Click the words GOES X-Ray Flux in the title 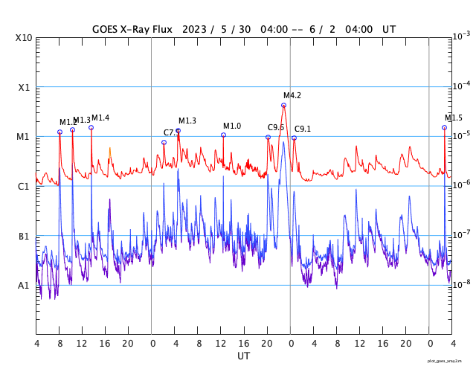coord(132,30)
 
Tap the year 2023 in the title coord(195,30)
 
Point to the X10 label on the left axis coord(24,38)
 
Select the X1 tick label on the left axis coord(24,87)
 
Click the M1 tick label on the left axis coord(24,137)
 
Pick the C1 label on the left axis coord(24,186)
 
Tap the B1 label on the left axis coord(24,236)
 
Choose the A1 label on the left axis coord(24,285)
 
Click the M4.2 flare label coord(292,95)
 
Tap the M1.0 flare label coord(232,126)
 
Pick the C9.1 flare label coord(303,129)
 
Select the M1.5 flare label coord(454,118)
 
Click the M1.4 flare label coord(100,118)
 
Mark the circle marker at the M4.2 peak coord(283,105)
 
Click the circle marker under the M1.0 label coord(223,135)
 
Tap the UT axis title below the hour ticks coord(243,356)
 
